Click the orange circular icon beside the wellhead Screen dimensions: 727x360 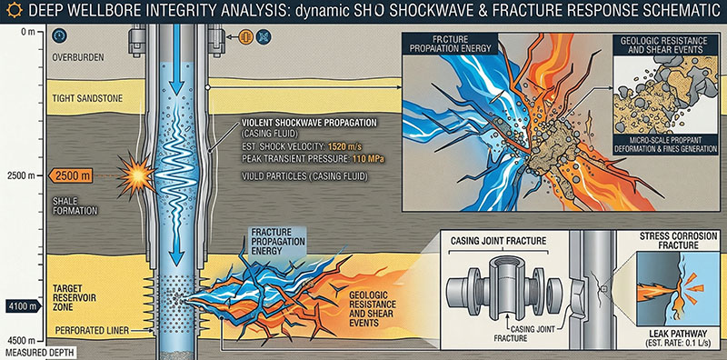pyautogui.click(x=245, y=36)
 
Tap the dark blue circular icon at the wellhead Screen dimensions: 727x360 pyautogui.click(x=264, y=36)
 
